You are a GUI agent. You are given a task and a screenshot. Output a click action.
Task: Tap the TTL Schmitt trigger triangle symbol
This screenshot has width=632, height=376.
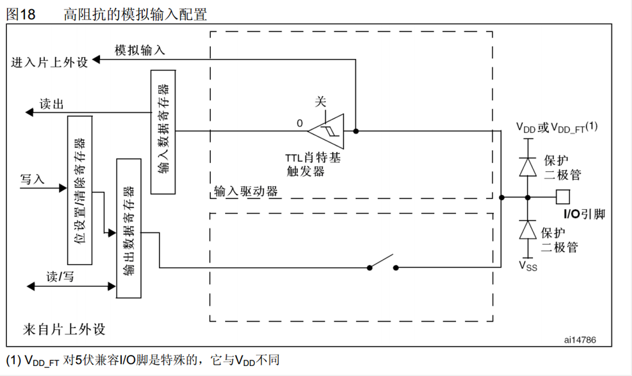(327, 131)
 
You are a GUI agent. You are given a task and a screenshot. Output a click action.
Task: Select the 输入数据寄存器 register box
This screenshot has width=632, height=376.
(162, 131)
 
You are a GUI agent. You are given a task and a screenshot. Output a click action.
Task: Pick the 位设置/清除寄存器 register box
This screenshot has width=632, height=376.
(80, 190)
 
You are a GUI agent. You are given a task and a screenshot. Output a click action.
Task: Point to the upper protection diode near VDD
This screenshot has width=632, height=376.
(527, 166)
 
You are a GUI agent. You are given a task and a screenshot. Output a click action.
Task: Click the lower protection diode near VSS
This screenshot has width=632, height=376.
(527, 230)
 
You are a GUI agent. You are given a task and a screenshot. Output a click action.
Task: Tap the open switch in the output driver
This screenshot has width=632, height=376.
(383, 263)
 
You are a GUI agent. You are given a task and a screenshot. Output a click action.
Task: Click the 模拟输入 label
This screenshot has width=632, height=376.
(140, 50)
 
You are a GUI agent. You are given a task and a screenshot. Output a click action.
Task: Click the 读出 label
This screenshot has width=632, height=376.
(52, 104)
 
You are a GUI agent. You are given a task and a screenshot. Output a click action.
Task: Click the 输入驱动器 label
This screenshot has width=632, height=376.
(246, 191)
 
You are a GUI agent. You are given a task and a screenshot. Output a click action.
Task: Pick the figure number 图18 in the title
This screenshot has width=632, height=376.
(21, 14)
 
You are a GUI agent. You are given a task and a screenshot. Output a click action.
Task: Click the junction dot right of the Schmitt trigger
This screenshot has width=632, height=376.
(356, 131)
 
